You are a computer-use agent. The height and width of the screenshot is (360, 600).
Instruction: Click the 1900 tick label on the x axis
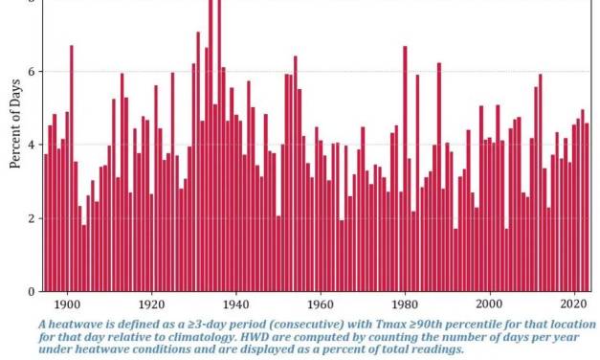(x=66, y=304)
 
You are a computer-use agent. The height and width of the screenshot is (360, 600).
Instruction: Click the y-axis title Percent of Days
(x=14, y=124)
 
